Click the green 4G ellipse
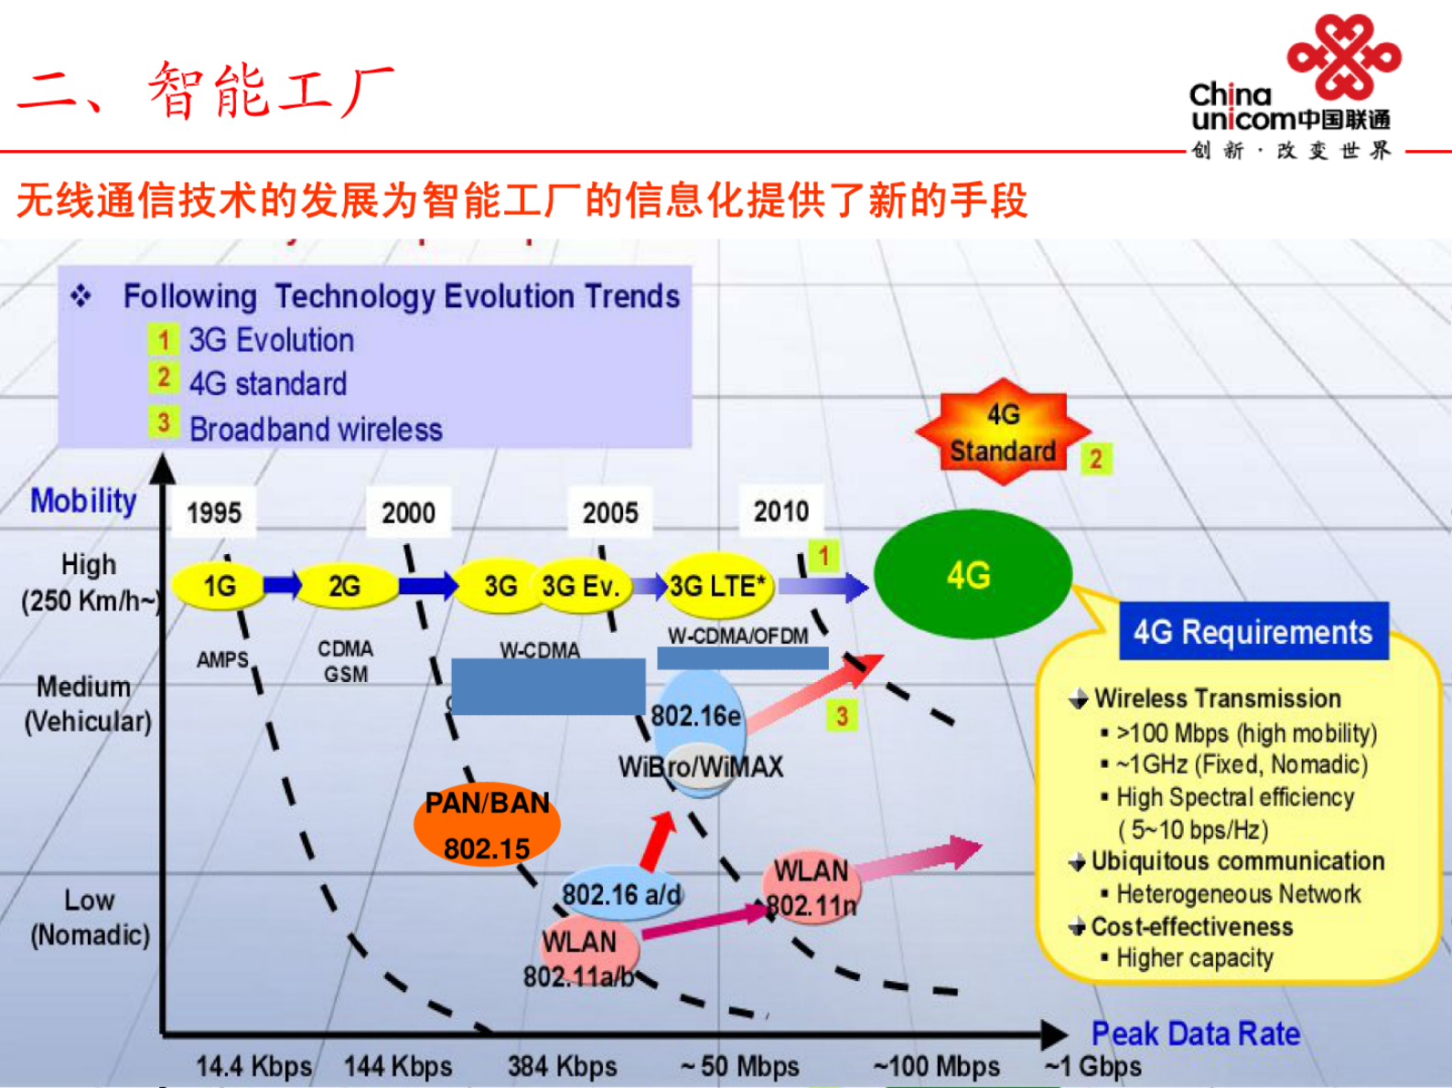(972, 574)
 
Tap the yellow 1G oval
(219, 586)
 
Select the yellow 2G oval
(344, 586)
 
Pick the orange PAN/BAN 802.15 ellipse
(487, 826)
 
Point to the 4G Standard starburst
(1003, 432)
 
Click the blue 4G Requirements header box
(1253, 632)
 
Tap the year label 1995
(214, 512)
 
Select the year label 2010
(780, 510)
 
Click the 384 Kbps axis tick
(562, 1066)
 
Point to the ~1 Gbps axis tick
(1092, 1066)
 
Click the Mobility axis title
(83, 500)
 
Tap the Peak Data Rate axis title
(1195, 1033)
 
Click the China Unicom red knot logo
(1343, 57)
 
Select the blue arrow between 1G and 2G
(283, 584)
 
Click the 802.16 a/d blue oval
(620, 893)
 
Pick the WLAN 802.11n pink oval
(812, 888)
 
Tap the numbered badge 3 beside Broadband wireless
(163, 422)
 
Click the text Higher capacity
(1194, 958)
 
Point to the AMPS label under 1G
(222, 659)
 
